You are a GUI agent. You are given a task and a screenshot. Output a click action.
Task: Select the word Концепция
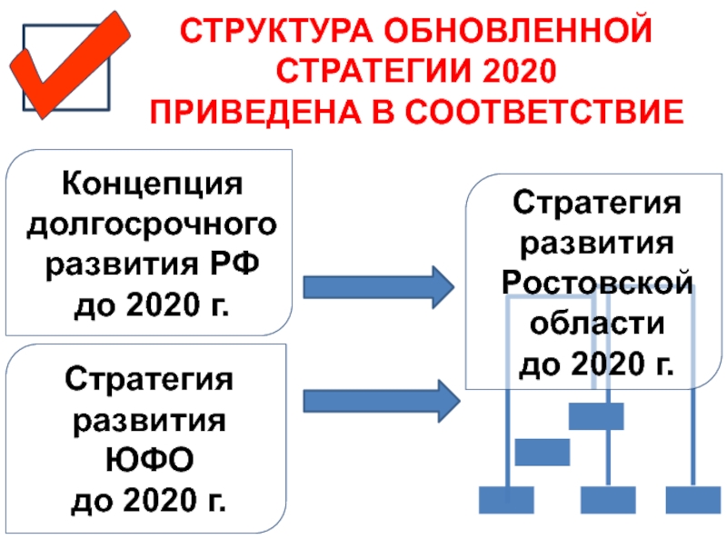pos(153,185)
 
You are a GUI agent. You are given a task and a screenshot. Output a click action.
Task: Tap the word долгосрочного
pos(153,224)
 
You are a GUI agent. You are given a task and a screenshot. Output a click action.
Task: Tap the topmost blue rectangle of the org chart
pos(596,416)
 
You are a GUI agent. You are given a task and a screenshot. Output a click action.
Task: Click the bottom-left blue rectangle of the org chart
pos(505,500)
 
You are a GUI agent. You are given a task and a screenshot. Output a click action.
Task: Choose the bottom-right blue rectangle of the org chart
pos(692,500)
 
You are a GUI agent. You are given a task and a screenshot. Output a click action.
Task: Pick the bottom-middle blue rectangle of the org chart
pos(607,500)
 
